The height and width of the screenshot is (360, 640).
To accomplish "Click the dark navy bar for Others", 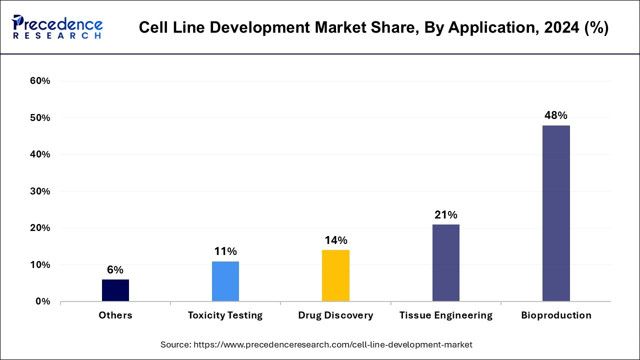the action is (115, 290).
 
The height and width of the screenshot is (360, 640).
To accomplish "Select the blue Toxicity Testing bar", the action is (225, 281).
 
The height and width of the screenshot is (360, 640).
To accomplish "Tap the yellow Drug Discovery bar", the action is (335, 275).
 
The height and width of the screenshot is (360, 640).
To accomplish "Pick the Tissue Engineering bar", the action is (445, 262).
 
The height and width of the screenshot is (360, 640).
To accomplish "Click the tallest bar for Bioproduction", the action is (556, 213).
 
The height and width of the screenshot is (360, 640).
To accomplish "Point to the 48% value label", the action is (556, 115).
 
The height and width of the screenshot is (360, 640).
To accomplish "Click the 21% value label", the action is (445, 215).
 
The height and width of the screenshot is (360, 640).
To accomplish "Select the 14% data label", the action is (335, 240).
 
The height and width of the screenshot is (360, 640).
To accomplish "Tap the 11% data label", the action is (225, 251).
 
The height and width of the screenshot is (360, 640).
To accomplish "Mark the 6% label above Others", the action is (115, 270).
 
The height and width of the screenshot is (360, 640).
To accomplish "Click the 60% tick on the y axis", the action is (40, 81).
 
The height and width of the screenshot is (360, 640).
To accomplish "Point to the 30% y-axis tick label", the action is (40, 191).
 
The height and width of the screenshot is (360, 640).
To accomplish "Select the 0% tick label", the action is (42, 301).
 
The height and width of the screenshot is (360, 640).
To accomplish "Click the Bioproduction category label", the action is (556, 315).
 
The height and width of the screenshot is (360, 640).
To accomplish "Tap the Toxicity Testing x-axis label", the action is (225, 315).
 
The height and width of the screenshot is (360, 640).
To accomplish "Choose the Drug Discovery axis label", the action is (335, 315).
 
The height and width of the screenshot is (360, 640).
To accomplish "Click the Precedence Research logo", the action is (57, 27).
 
